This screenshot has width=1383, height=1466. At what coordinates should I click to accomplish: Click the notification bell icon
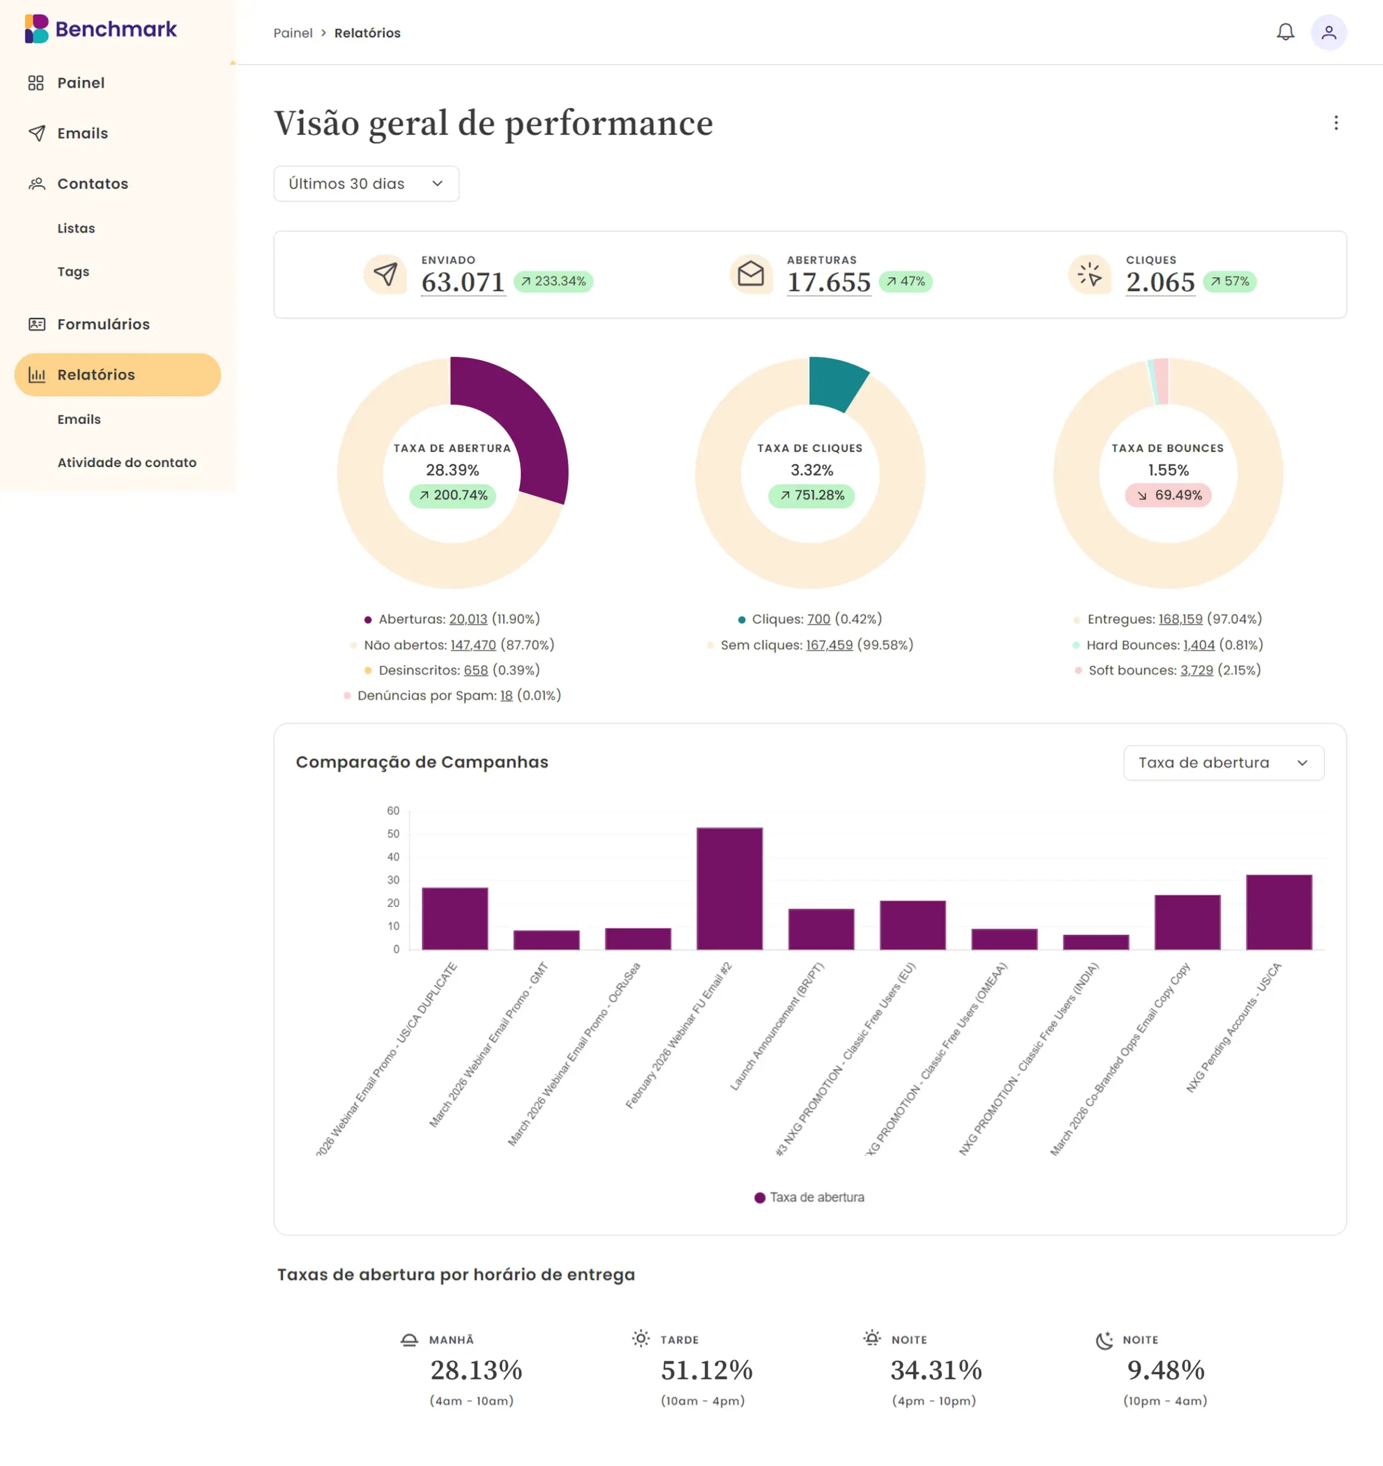click(x=1285, y=33)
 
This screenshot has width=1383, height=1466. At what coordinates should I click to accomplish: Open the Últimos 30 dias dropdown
click(x=366, y=184)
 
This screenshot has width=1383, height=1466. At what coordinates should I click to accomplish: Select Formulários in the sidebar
click(x=102, y=325)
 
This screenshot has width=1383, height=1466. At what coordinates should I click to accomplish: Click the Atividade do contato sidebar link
click(x=127, y=462)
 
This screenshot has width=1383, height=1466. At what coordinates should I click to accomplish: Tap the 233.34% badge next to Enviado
click(x=553, y=282)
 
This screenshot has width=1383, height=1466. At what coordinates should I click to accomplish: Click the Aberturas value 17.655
click(x=829, y=282)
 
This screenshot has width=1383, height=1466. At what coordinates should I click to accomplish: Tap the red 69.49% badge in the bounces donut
click(x=1168, y=495)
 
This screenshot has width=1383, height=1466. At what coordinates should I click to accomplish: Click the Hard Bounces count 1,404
click(x=1199, y=645)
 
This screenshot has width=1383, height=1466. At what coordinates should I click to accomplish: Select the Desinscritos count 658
click(x=476, y=671)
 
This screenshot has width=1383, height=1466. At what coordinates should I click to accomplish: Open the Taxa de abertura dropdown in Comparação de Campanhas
click(x=1223, y=763)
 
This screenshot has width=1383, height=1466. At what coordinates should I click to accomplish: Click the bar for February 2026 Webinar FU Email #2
click(x=729, y=889)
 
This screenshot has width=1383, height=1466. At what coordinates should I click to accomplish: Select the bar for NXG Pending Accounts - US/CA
click(x=1278, y=912)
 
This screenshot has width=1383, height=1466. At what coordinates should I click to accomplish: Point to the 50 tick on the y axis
click(x=393, y=834)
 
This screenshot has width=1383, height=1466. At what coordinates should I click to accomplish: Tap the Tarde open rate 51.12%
click(x=706, y=1370)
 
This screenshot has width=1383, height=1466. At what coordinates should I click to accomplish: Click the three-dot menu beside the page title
click(x=1335, y=123)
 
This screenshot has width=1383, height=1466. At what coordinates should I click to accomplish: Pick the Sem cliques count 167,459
click(x=829, y=645)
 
